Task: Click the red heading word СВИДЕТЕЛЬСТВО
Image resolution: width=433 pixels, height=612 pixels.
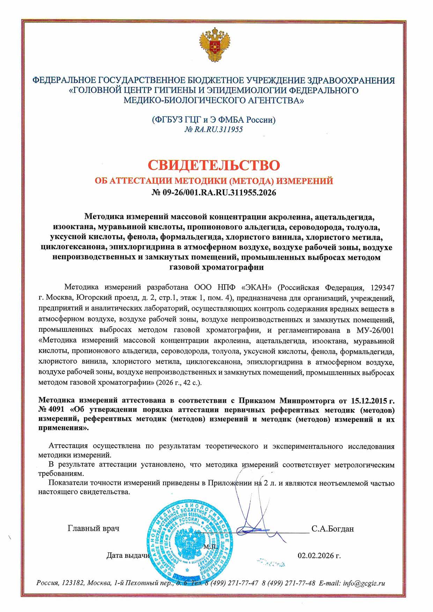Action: pos(214,165)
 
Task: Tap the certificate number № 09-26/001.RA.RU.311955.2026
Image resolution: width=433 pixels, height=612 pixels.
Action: pos(214,192)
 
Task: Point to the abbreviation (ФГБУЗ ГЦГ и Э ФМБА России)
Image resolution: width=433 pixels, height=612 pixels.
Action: pos(214,120)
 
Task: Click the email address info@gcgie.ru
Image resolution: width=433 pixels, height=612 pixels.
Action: pos(364,583)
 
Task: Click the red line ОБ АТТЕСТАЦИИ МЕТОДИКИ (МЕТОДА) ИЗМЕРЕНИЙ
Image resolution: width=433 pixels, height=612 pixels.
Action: pos(214,181)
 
